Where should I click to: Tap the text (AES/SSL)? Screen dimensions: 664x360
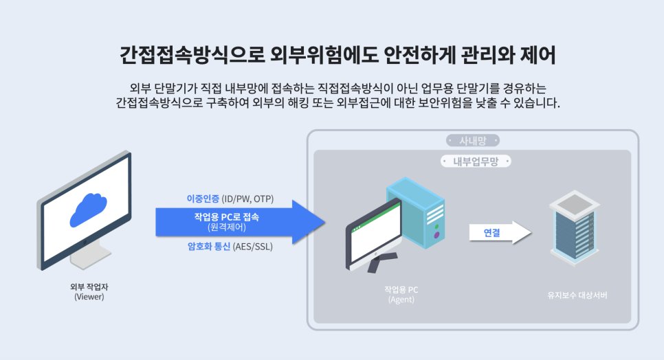[253, 246]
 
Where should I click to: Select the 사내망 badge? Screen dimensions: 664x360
[472, 141]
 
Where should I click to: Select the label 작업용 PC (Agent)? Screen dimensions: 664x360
[401, 295]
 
